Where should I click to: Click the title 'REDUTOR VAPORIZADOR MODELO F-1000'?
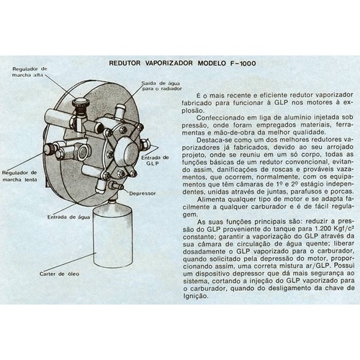coord(182,63)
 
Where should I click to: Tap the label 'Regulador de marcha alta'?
coord(30,72)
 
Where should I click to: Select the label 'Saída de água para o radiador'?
coord(161,86)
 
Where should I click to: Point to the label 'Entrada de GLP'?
coord(155,161)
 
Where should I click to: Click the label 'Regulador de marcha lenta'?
coord(19,176)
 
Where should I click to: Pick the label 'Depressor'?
coord(143,193)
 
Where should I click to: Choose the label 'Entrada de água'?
coord(68,217)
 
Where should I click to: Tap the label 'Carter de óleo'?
coord(59,274)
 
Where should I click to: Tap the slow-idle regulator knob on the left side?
coord(50,149)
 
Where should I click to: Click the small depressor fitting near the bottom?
coord(115,185)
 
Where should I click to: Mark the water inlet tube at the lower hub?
coord(101,186)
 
